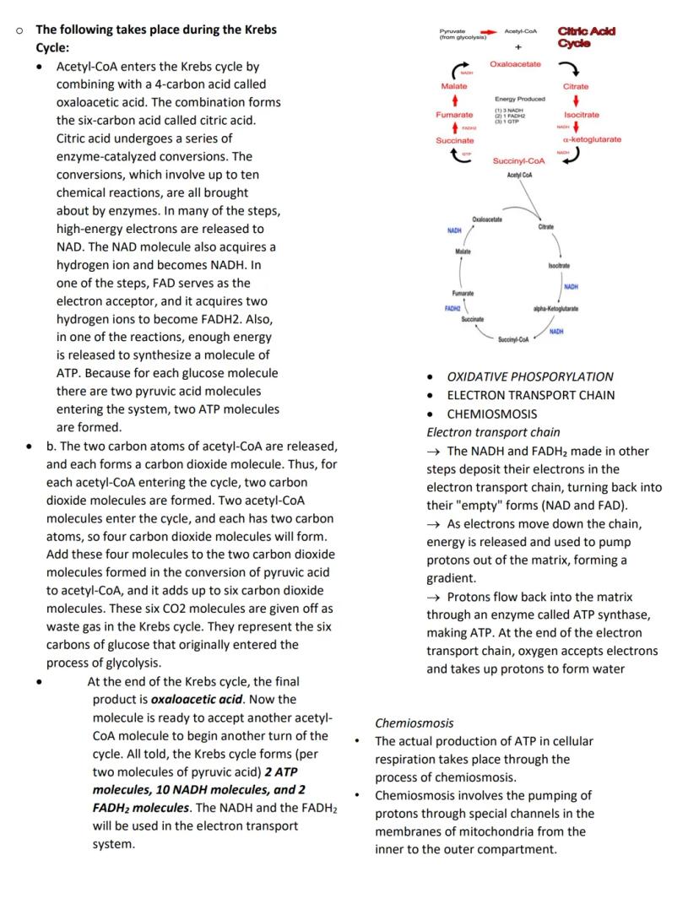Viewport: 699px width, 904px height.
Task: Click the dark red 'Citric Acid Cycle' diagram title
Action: (x=587, y=37)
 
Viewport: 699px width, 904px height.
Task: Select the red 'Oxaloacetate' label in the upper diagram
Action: (x=515, y=64)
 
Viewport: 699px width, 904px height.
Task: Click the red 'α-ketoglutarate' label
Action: (x=591, y=139)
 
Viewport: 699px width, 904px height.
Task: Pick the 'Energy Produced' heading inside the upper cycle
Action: (x=519, y=99)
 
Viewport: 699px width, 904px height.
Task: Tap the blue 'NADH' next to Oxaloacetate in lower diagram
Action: (x=454, y=230)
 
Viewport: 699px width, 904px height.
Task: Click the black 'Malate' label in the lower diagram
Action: (x=463, y=252)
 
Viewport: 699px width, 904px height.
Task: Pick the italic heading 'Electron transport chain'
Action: (x=493, y=432)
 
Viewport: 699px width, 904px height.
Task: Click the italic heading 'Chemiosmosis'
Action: (x=414, y=723)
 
